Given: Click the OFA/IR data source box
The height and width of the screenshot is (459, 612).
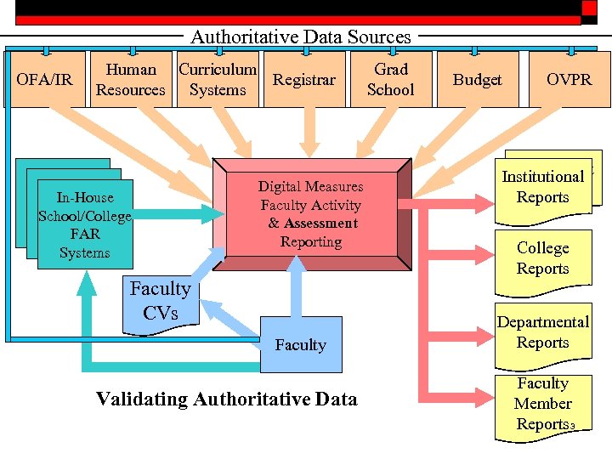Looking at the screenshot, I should tap(45, 80).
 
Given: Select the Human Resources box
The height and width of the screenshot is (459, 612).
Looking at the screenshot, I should tap(131, 80).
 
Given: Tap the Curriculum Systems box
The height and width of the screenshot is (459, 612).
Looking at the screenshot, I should tap(218, 80).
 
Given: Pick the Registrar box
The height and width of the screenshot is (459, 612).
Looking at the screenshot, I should tap(304, 80).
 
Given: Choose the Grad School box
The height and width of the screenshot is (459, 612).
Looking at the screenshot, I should tap(390, 80).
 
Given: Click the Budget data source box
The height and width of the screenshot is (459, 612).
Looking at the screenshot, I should tap(477, 80).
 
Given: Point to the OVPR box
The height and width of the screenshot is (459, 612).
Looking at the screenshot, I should tap(569, 80).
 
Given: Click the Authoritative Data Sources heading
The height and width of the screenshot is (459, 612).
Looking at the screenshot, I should tap(301, 37).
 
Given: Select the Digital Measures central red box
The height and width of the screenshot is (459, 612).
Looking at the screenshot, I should tap(310, 213).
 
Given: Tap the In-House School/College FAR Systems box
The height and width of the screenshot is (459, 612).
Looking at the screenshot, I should tap(85, 224).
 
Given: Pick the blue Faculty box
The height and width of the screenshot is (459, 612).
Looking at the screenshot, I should tap(301, 344).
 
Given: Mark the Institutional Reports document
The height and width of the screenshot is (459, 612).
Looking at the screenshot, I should tap(543, 187).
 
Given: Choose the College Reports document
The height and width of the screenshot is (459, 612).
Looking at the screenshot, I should tap(543, 258).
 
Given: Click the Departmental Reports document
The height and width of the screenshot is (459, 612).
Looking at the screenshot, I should tap(543, 333).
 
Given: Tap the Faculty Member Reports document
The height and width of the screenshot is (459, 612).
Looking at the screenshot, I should tap(543, 405).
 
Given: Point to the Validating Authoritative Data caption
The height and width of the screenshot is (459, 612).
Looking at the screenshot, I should tap(227, 399).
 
